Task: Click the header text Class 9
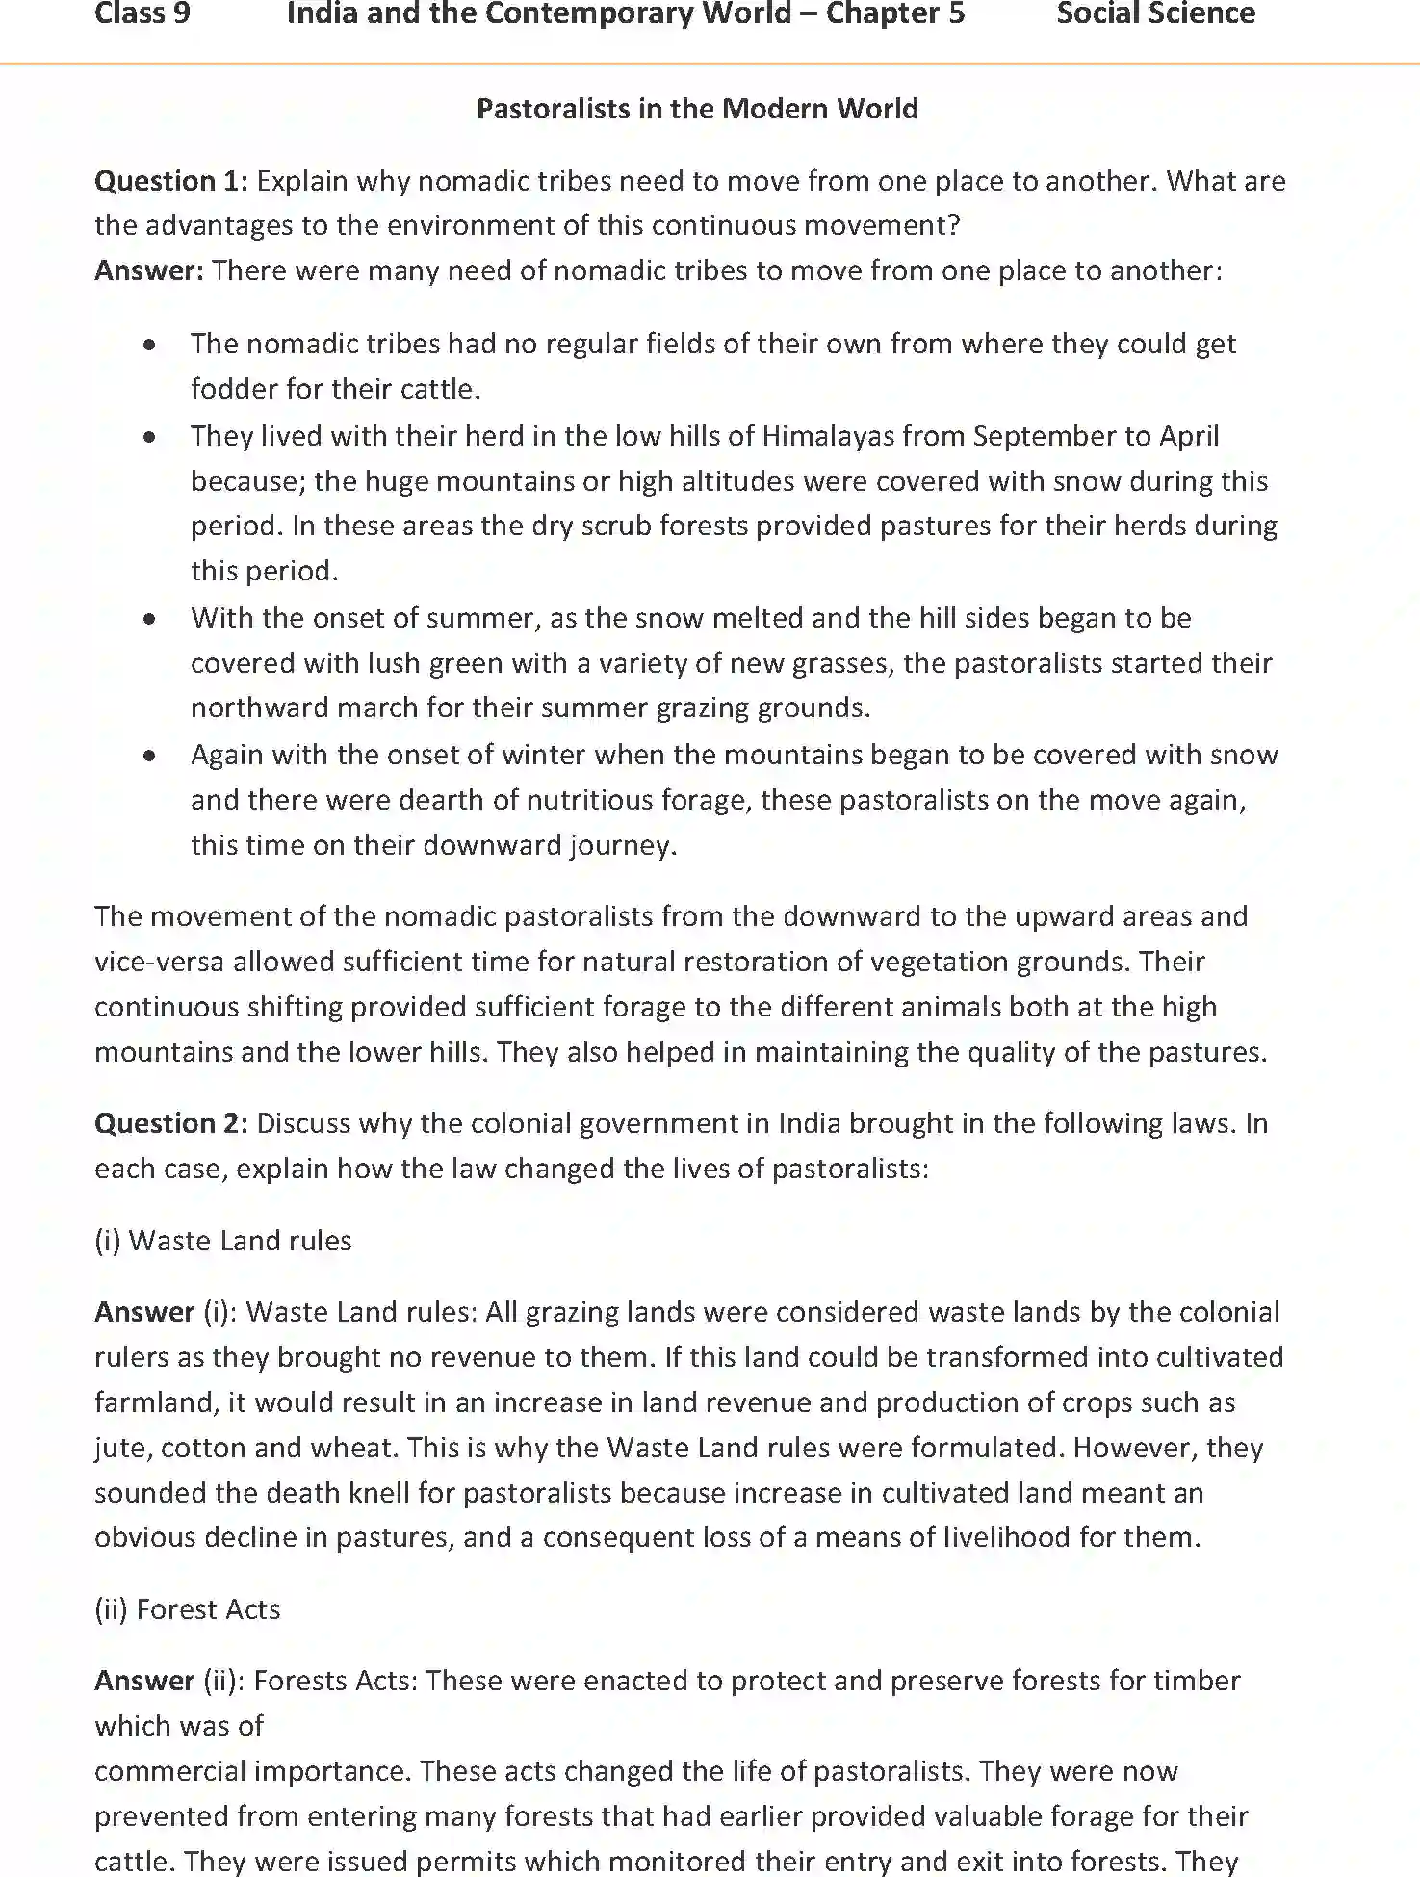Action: coord(142,14)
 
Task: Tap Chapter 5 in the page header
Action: coord(894,14)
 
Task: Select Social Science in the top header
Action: coord(1155,14)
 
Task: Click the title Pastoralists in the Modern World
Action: coord(697,109)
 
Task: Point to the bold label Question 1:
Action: coord(171,181)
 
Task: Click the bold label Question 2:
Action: coord(171,1123)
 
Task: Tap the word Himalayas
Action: coord(826,436)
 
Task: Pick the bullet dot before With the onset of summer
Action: coord(149,619)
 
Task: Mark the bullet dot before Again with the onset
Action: coord(149,756)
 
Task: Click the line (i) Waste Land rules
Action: coord(223,1241)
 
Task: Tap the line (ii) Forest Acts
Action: coord(188,1609)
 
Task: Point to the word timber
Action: coord(1198,1681)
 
